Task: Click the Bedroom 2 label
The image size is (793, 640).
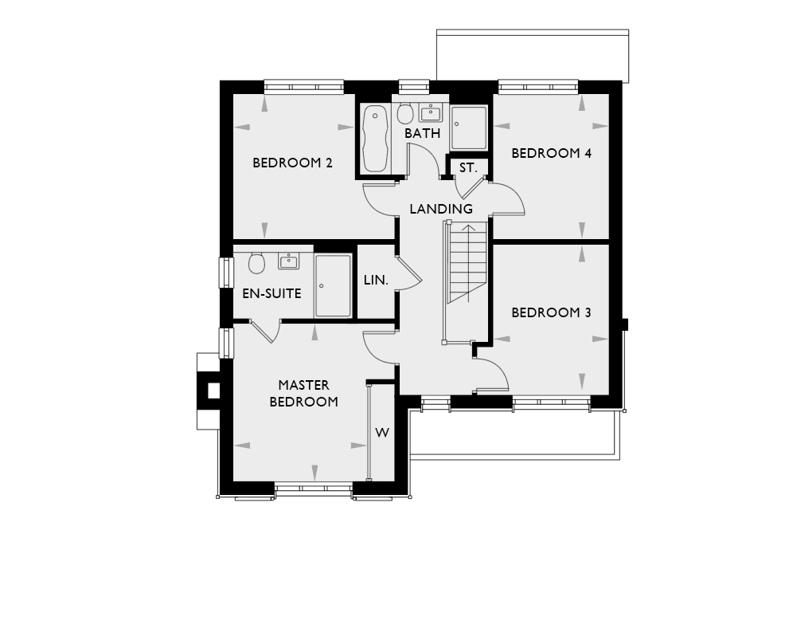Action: click(292, 163)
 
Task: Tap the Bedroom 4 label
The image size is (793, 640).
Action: click(551, 153)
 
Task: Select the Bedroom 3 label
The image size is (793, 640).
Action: click(551, 312)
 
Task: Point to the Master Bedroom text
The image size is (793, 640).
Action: click(304, 394)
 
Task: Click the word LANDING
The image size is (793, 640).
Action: click(441, 209)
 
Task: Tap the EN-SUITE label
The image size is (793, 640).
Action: click(271, 293)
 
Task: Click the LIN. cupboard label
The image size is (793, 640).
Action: click(376, 280)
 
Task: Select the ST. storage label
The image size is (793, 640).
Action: click(468, 167)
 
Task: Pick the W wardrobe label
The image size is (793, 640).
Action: click(382, 433)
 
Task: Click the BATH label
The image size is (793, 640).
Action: click(422, 133)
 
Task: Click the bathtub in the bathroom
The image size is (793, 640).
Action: click(375, 138)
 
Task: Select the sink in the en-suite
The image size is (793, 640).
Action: click(288, 261)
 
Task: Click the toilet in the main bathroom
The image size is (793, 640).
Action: click(405, 113)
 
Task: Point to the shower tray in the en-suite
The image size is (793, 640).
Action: click(333, 286)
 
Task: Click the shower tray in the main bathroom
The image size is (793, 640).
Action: click(469, 128)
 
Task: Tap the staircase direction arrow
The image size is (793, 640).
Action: click(469, 263)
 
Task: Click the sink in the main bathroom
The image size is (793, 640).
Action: click(431, 113)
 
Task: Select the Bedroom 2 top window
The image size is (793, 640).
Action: click(304, 87)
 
